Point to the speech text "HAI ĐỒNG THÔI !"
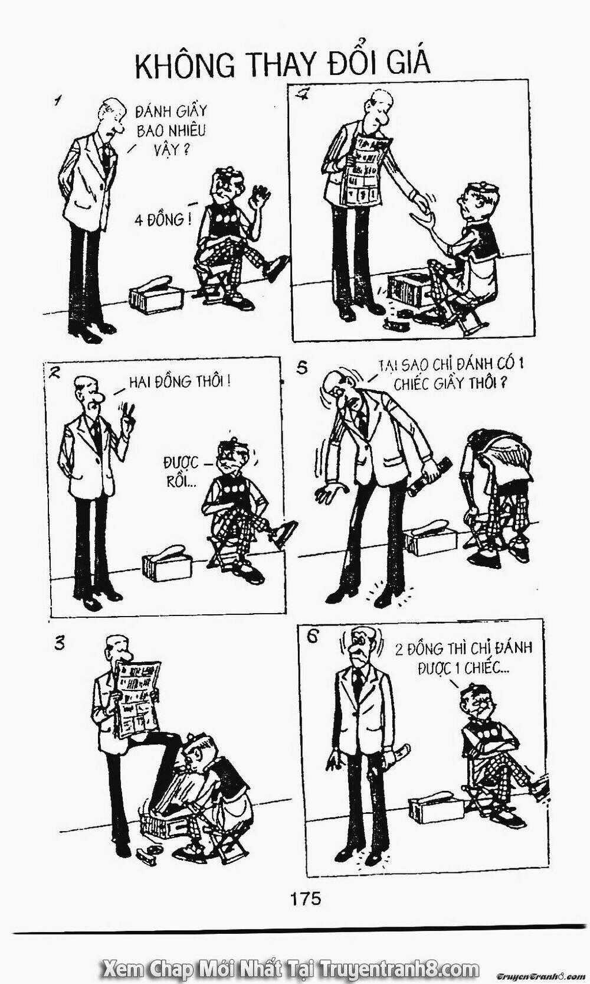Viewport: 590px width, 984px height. (x=180, y=381)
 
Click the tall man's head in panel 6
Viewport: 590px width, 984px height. (x=359, y=644)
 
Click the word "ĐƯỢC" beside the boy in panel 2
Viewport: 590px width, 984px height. (x=181, y=462)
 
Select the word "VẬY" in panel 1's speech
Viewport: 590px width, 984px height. (x=167, y=150)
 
